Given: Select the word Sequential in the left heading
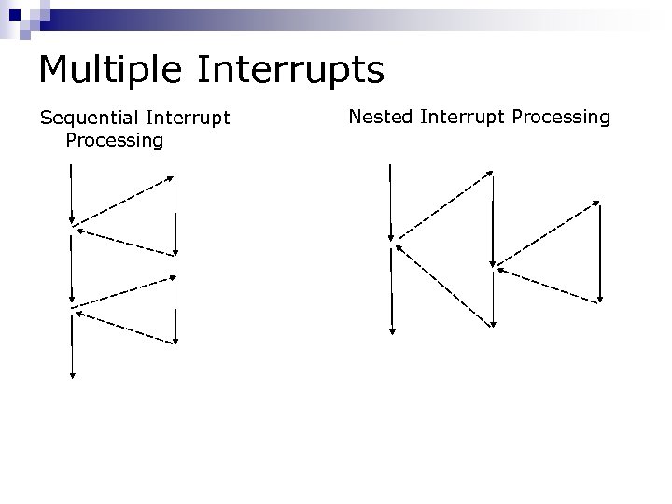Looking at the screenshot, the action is pyautogui.click(x=90, y=119).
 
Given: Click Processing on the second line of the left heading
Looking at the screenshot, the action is pyautogui.click(x=115, y=140).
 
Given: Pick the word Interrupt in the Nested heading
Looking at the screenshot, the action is pyautogui.click(x=457, y=117).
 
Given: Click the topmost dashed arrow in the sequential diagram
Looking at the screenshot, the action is pyautogui.click(x=122, y=200).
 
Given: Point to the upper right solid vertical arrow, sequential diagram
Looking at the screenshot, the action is pyautogui.click(x=175, y=216).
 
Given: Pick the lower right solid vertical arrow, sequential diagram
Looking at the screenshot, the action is pyautogui.click(x=175, y=312).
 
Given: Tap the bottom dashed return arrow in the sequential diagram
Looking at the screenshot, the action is pyautogui.click(x=124, y=328).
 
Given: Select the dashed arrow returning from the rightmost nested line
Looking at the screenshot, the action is pyautogui.click(x=549, y=285).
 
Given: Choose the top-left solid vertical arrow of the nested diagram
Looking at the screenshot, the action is pyautogui.click(x=391, y=201).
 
